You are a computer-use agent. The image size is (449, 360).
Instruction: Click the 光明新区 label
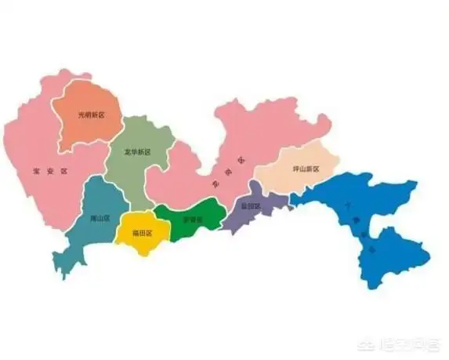pos(91,115)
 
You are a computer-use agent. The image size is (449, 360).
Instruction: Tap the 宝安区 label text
pos(47,170)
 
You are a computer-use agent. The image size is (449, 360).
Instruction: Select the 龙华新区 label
pos(137,152)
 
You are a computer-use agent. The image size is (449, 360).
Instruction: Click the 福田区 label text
pos(142,233)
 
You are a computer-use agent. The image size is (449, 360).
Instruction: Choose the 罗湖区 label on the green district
pos(192,220)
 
